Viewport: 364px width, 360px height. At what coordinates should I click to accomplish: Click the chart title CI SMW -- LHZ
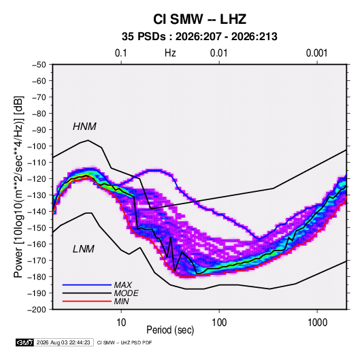pyautogui.click(x=199, y=19)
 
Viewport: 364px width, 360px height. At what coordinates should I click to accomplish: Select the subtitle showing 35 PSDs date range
pyautogui.click(x=199, y=37)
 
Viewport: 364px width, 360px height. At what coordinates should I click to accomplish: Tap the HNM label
pyautogui.click(x=84, y=127)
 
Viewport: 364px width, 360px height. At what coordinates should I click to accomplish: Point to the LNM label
pyautogui.click(x=84, y=249)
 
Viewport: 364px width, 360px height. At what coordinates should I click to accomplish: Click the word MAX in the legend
pyautogui.click(x=123, y=285)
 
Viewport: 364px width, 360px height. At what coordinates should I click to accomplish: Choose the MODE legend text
pyautogui.click(x=127, y=293)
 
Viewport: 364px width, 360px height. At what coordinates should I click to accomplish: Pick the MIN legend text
pyautogui.click(x=121, y=301)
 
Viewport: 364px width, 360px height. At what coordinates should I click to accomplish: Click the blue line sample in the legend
pyautogui.click(x=87, y=285)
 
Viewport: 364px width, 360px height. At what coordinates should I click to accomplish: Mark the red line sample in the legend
pyautogui.click(x=87, y=301)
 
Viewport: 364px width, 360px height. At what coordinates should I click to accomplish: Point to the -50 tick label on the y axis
pyautogui.click(x=39, y=65)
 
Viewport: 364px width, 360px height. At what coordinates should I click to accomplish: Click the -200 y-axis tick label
pyautogui.click(x=37, y=310)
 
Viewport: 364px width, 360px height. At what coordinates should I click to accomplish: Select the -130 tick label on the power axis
pyautogui.click(x=37, y=195)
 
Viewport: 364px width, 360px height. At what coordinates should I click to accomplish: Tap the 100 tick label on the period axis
pyautogui.click(x=219, y=323)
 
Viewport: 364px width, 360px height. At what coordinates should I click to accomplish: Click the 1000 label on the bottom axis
pyautogui.click(x=317, y=323)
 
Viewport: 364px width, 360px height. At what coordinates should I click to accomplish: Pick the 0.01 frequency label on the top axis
pyautogui.click(x=218, y=53)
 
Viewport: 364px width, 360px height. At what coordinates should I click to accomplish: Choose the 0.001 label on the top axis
pyautogui.click(x=316, y=53)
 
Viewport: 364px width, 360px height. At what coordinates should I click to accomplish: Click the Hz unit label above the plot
pyautogui.click(x=170, y=53)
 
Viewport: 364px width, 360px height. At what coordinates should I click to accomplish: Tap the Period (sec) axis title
pyautogui.click(x=170, y=330)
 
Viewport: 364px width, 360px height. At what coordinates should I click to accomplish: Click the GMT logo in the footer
pyautogui.click(x=25, y=342)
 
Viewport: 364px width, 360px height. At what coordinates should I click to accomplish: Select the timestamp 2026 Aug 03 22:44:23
pyautogui.click(x=63, y=342)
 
